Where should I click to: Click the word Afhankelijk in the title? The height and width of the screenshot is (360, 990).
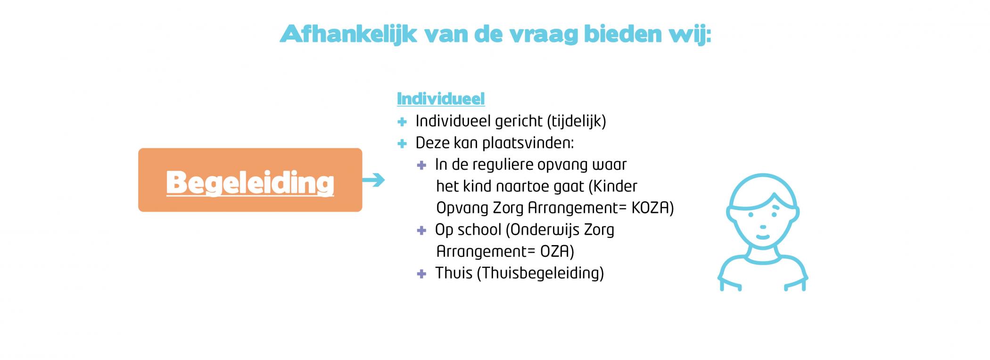click(x=348, y=34)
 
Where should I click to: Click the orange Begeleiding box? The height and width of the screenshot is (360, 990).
click(x=250, y=180)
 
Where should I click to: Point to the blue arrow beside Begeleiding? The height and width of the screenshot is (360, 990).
click(x=373, y=180)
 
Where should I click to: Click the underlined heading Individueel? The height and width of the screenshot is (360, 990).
click(x=441, y=98)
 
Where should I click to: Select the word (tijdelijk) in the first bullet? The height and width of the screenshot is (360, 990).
click(x=577, y=121)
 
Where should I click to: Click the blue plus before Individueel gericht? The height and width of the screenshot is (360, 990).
click(x=402, y=122)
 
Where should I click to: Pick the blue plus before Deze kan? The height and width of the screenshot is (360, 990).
click(x=402, y=144)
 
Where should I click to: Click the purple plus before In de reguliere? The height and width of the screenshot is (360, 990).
click(x=421, y=165)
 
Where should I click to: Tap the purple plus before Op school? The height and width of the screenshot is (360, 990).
click(x=421, y=230)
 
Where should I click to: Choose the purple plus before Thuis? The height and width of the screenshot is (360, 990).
click(x=421, y=274)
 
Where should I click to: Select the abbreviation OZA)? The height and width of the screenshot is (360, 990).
click(x=557, y=251)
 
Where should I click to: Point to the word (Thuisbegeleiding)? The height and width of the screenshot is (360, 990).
click(x=540, y=273)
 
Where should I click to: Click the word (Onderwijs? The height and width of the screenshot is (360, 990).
click(x=543, y=230)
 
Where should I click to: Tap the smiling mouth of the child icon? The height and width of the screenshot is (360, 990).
click(x=763, y=237)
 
